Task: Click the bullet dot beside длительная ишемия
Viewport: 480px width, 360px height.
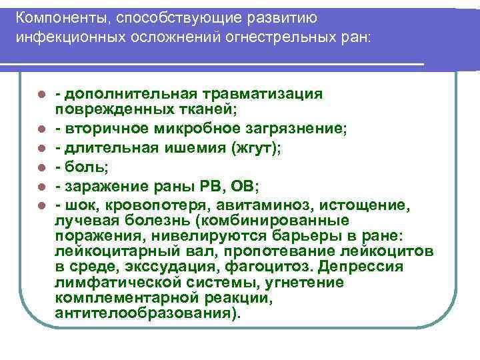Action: [x=41, y=150]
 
